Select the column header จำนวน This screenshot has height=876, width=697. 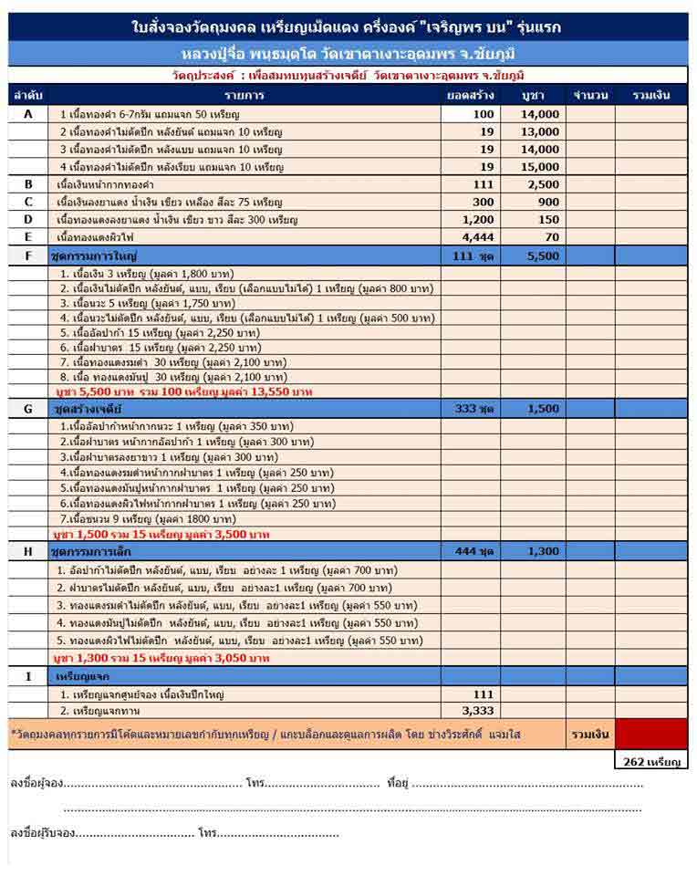pyautogui.click(x=586, y=95)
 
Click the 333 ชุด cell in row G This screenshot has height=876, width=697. pyautogui.click(x=473, y=409)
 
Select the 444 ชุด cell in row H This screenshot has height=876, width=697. pyautogui.click(x=473, y=552)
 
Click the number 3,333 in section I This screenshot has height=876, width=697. pyautogui.click(x=477, y=710)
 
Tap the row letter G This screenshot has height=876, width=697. pyautogui.click(x=27, y=409)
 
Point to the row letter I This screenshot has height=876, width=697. pyautogui.click(x=27, y=676)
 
